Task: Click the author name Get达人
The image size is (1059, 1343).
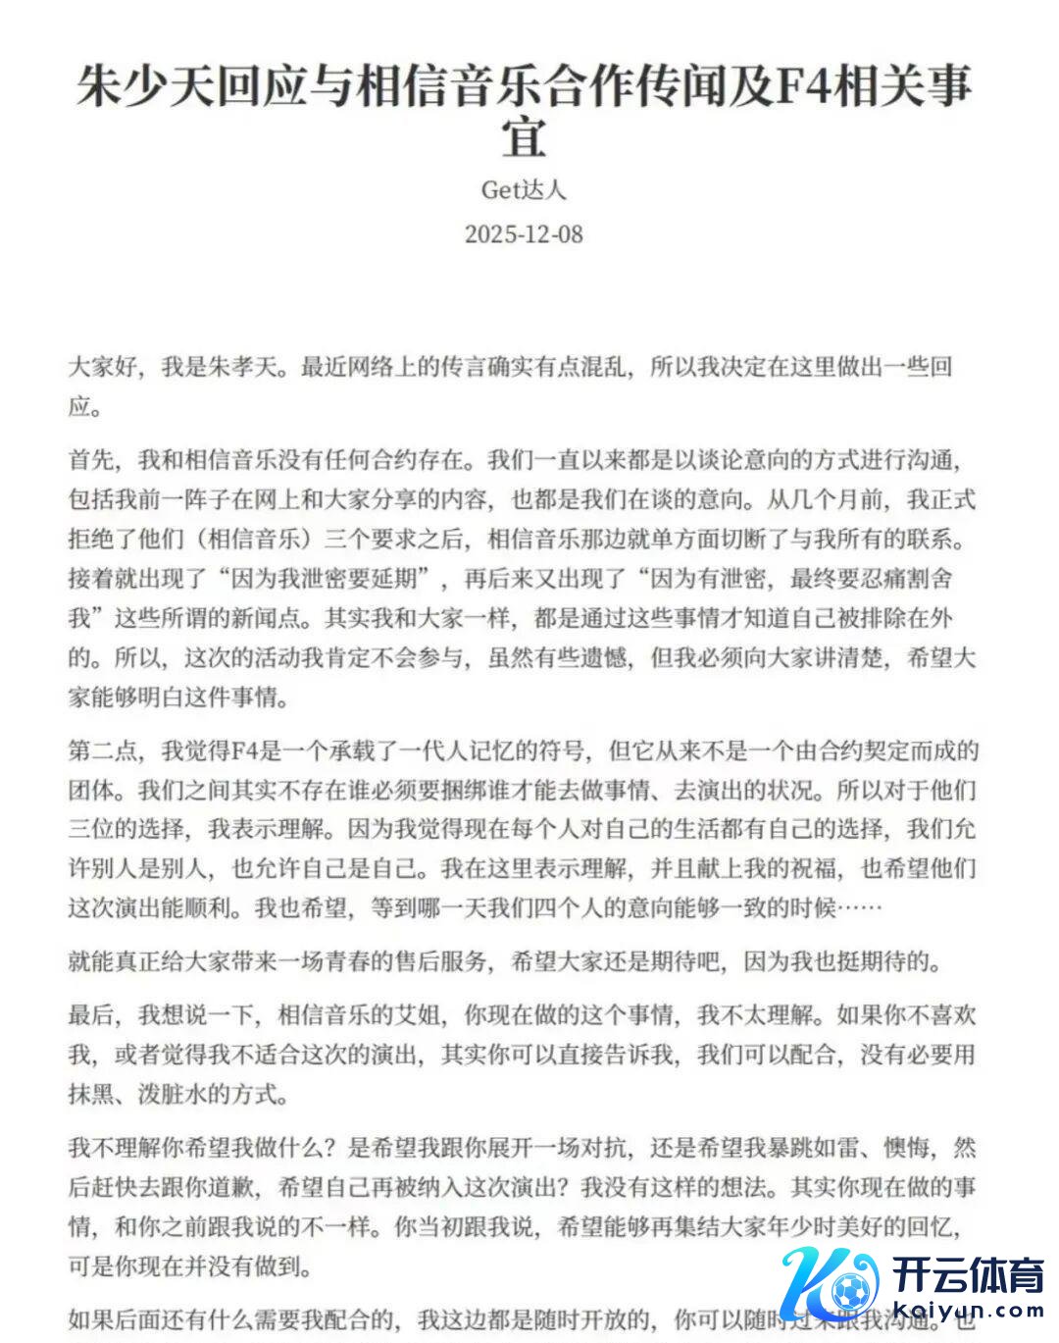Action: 524,188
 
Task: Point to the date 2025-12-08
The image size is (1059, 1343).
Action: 524,234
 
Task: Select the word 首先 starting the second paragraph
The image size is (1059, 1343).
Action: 91,460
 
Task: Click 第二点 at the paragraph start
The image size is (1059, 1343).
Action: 103,751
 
